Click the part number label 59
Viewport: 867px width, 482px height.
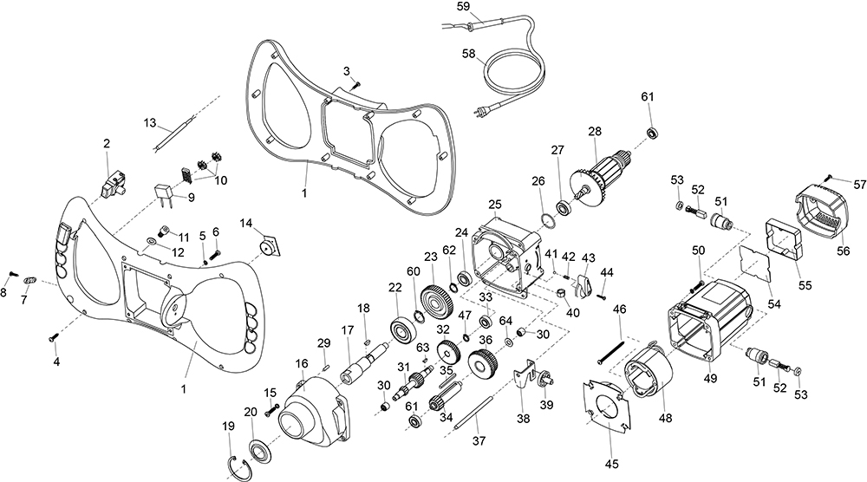tap(463, 6)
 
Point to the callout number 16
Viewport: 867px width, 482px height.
tap(302, 363)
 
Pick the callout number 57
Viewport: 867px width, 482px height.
tap(859, 185)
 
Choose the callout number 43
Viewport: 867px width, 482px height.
tap(589, 258)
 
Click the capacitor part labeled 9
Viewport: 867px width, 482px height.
tap(166, 193)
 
